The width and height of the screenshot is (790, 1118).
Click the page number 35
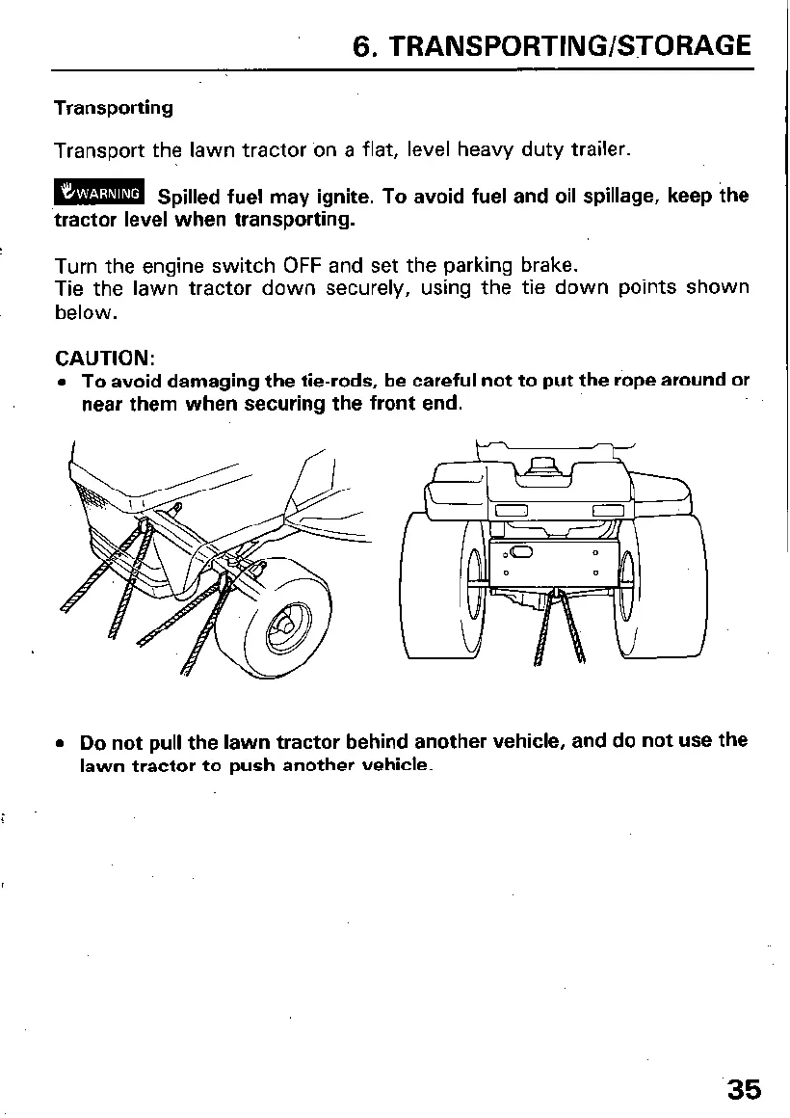pyautogui.click(x=743, y=1090)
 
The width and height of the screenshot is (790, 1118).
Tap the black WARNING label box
pyautogui.click(x=100, y=193)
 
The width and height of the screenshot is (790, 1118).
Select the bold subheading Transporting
pyautogui.click(x=114, y=108)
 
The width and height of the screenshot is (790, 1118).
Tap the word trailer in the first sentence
pyautogui.click(x=600, y=150)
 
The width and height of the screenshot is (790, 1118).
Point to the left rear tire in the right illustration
pyautogui.click(x=442, y=588)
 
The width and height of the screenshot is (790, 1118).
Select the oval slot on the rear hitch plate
pyautogui.click(x=521, y=552)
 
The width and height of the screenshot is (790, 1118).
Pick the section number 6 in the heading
pyautogui.click(x=362, y=45)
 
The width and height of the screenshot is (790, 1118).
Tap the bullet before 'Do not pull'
pyautogui.click(x=61, y=744)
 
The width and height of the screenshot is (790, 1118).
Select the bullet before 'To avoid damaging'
pyautogui.click(x=61, y=382)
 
